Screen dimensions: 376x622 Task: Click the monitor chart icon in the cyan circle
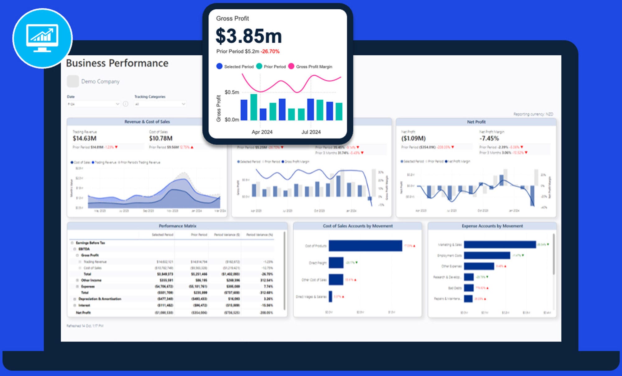[x=43, y=38]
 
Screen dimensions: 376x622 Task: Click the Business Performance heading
[x=117, y=63]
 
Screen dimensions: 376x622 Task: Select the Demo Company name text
[x=100, y=82]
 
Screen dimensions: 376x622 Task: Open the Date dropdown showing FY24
[x=93, y=104]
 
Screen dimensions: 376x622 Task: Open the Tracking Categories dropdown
[x=160, y=104]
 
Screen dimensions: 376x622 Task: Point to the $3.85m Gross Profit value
[x=248, y=36]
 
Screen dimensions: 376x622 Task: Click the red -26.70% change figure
[x=270, y=52]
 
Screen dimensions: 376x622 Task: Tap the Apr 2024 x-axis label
[x=262, y=132]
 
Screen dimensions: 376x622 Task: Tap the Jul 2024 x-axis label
[x=311, y=132]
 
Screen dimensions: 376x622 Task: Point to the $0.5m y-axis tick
[x=232, y=92]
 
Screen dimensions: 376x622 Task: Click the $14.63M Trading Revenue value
[x=85, y=139]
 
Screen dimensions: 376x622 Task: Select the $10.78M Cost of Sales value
[x=161, y=139]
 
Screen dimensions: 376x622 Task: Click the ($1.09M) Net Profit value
[x=413, y=139]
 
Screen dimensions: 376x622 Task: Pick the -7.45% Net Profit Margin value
[x=489, y=139]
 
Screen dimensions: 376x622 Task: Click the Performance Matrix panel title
[x=177, y=226]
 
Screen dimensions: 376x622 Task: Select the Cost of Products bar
[x=365, y=246]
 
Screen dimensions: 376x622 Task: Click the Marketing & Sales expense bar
[x=500, y=245]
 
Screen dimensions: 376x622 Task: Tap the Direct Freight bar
[x=336, y=263]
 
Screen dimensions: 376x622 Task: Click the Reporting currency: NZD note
[x=533, y=114]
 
